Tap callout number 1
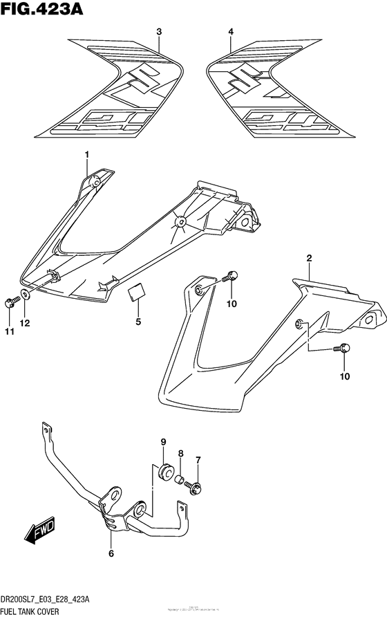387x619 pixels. coord(88,153)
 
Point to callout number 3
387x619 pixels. coord(159,32)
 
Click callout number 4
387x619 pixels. coord(231,32)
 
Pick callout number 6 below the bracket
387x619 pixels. coord(111,553)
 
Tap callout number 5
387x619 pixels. coord(138,322)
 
